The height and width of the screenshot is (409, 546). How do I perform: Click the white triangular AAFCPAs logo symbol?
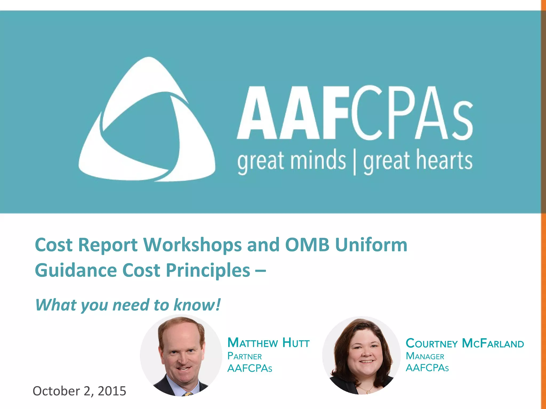(x=147, y=120)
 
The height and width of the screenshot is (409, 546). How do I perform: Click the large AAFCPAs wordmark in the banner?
(x=355, y=113)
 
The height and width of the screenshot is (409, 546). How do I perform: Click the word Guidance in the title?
(x=76, y=270)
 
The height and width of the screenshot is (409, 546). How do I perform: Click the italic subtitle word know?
(x=197, y=305)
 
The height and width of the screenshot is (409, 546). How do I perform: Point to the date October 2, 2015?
(x=79, y=391)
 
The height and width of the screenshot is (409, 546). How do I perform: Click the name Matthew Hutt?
(x=268, y=343)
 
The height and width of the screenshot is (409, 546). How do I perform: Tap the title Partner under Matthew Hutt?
(x=244, y=356)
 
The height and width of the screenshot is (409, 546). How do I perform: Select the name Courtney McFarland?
(x=465, y=343)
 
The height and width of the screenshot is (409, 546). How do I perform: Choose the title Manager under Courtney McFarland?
(x=425, y=356)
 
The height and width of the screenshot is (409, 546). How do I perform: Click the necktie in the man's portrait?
(x=188, y=394)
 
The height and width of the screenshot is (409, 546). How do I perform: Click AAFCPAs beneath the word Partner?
(x=250, y=368)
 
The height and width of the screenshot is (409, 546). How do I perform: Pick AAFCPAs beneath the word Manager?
(x=427, y=368)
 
